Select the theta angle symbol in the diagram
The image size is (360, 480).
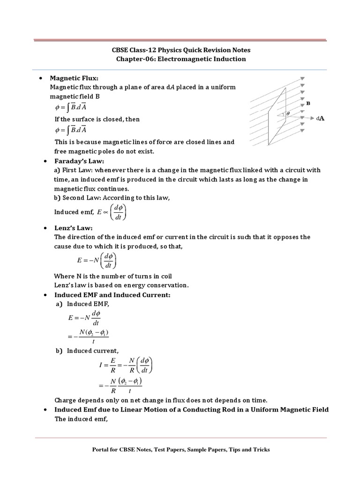coord(287,113)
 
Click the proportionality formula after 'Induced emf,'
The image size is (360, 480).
coord(112,212)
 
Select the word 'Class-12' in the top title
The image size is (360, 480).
coord(146,50)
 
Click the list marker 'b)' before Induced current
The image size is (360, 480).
coord(59,351)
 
